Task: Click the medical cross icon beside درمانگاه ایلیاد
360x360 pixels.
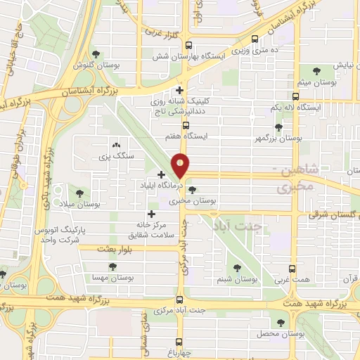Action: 162,174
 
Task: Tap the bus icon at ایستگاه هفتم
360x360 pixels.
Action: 186,126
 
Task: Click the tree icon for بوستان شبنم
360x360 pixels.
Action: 236,267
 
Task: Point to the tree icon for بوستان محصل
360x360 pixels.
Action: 280,322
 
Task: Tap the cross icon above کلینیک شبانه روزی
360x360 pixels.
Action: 180,90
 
